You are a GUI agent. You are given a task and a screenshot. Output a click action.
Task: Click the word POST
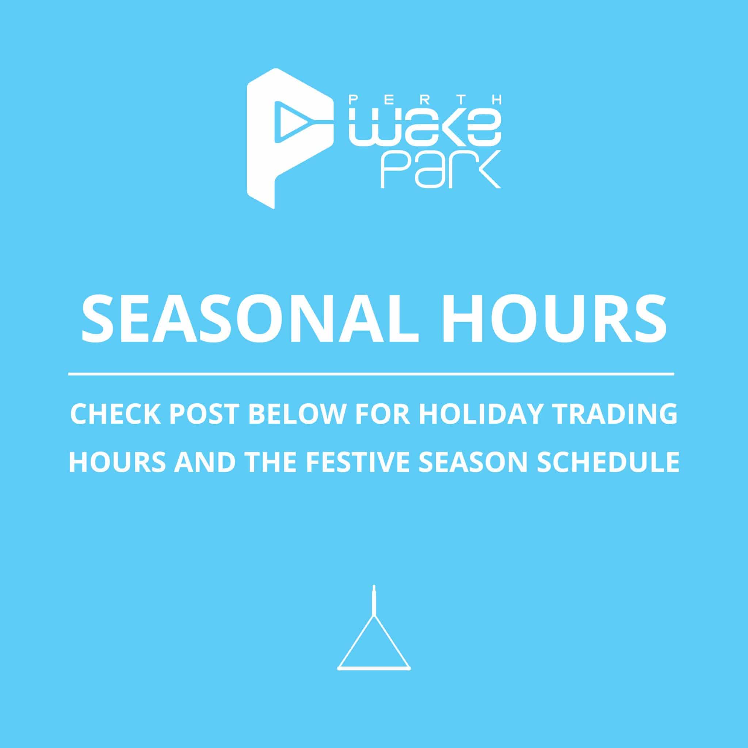point(204,415)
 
